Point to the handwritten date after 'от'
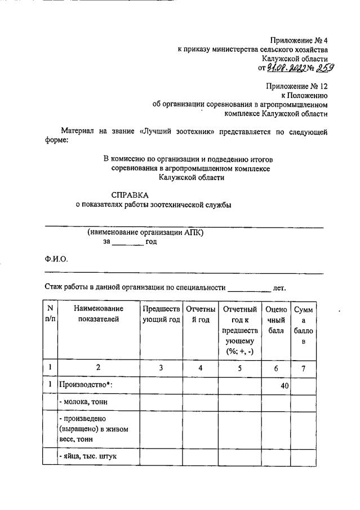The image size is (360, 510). [x=286, y=68]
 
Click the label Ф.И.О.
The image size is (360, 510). [x=56, y=259]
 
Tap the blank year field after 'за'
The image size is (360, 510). [x=128, y=242]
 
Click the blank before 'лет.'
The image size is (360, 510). [x=248, y=287]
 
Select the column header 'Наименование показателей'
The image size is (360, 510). [x=99, y=314]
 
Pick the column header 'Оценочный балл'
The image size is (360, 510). [x=275, y=320]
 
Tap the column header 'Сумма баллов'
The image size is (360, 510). [x=303, y=325]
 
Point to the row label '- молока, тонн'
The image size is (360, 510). [x=83, y=402]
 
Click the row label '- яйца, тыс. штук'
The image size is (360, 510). [x=87, y=456]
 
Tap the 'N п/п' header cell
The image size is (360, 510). [x=50, y=314]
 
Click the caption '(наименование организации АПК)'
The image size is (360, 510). [x=145, y=232]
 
